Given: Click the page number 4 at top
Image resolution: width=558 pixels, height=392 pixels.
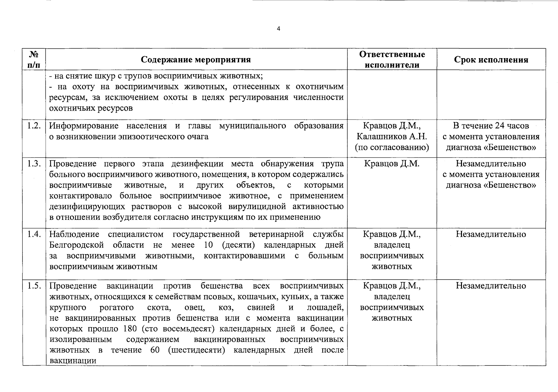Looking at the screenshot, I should (x=278, y=29).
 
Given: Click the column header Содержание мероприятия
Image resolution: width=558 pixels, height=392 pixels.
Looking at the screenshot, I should (x=196, y=60).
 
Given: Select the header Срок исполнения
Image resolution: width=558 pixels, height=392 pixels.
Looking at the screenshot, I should (x=491, y=60).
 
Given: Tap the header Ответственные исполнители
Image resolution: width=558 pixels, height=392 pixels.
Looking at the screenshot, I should (x=392, y=59).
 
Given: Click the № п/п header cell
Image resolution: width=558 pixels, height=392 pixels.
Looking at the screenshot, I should (x=34, y=59).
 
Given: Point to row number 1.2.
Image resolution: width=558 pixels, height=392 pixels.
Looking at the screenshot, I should (x=34, y=126).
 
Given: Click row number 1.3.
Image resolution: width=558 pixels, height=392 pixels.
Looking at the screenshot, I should (x=34, y=164).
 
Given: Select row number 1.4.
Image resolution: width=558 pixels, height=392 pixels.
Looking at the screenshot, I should (x=34, y=234).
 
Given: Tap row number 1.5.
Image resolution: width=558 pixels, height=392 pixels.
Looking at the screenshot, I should (x=34, y=286).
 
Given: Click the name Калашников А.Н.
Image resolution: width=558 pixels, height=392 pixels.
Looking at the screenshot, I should (x=392, y=137).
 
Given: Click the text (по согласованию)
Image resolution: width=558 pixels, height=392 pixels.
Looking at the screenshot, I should (x=392, y=147).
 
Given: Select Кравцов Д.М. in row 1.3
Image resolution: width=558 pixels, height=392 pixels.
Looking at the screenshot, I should (x=392, y=164).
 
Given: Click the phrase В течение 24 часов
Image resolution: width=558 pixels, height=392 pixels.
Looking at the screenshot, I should (x=491, y=126).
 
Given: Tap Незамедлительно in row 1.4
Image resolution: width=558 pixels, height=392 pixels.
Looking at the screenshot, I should (x=491, y=234).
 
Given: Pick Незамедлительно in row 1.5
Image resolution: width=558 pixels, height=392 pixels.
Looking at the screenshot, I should (x=491, y=286).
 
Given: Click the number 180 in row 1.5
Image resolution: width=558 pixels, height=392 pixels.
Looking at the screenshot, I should (x=130, y=329).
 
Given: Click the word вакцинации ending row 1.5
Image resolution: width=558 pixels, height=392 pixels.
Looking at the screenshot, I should (x=73, y=361).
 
